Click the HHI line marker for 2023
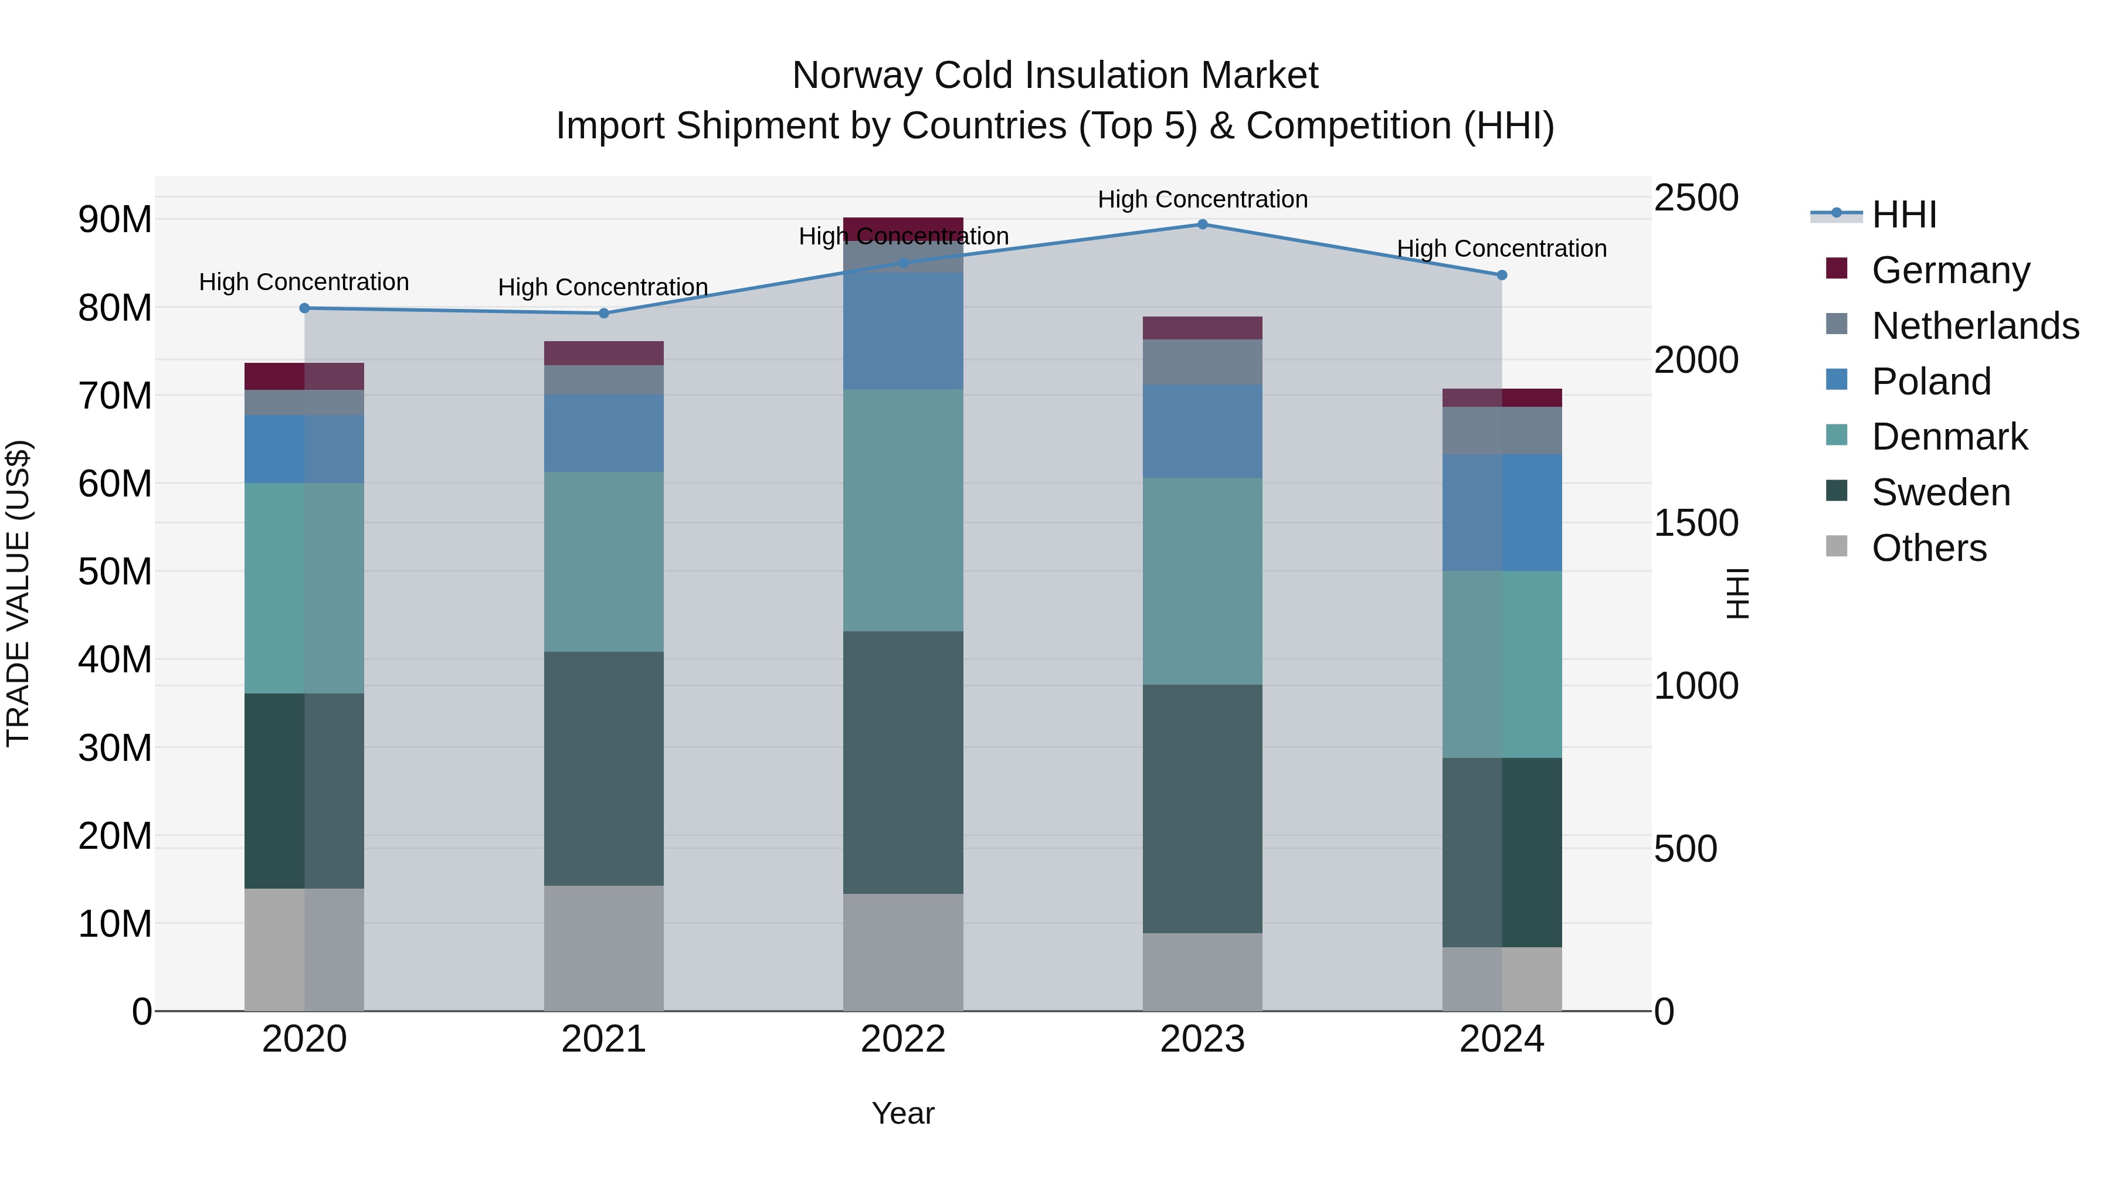(1202, 224)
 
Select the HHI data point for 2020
(304, 308)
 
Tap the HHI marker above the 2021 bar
(604, 313)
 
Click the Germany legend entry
(1950, 270)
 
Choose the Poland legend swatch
(1837, 380)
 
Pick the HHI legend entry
(1903, 214)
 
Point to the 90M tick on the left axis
(115, 220)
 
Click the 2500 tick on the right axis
(1695, 198)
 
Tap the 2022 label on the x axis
(903, 1039)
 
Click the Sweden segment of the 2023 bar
(1202, 808)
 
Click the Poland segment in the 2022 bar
(903, 330)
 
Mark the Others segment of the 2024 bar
(1501, 978)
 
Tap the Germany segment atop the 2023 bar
(1202, 328)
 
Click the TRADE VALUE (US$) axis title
(18, 593)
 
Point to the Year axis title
(903, 1113)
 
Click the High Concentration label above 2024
(1501, 248)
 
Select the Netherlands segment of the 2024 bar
(1501, 430)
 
